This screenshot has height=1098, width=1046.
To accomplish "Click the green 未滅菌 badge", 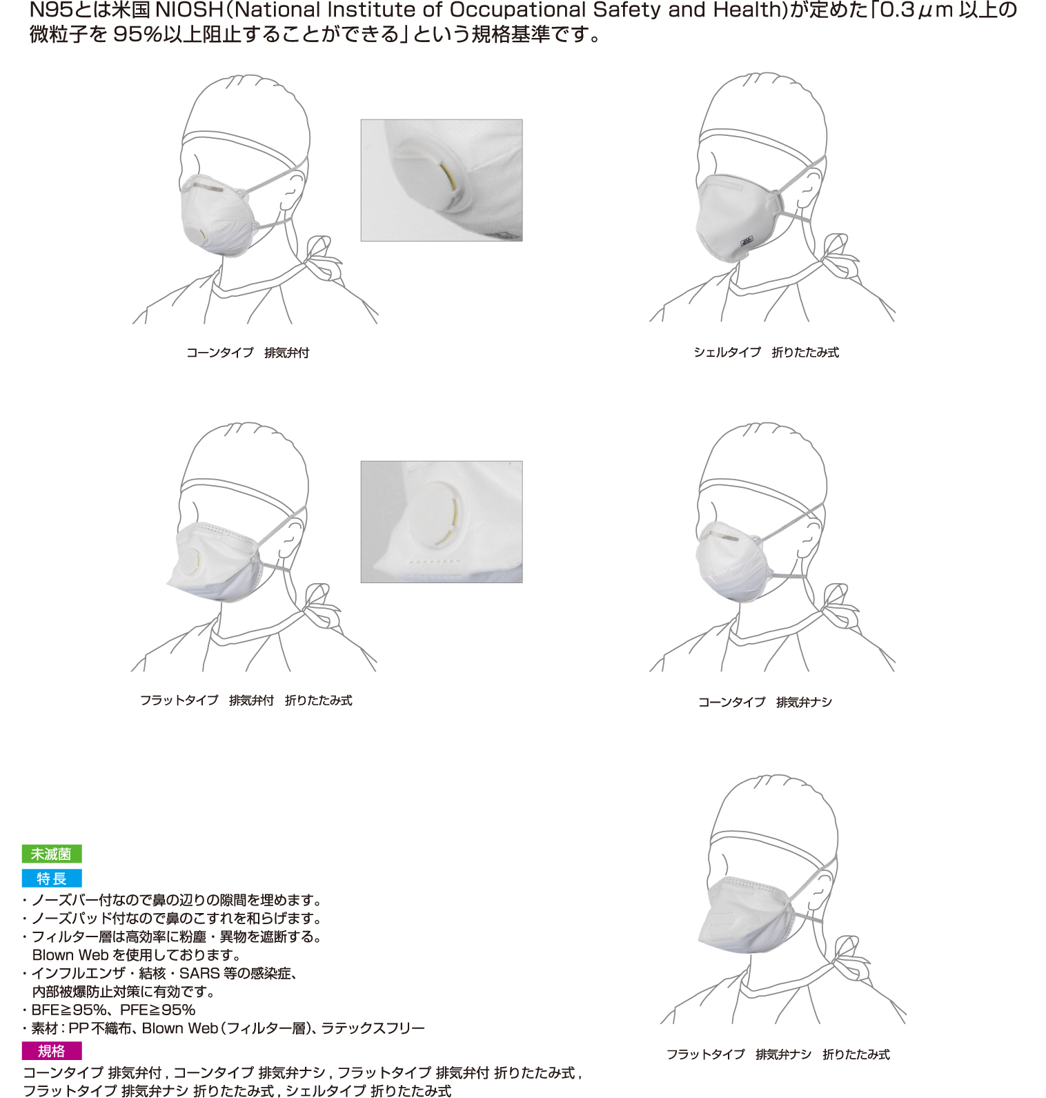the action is (x=52, y=854).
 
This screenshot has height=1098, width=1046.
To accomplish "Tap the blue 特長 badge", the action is (x=52, y=878).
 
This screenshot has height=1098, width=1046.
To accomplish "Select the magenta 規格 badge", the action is (x=52, y=1050).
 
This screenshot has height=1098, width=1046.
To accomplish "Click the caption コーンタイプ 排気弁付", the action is (x=248, y=353).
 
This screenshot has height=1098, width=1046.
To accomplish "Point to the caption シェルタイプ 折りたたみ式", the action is (x=766, y=352).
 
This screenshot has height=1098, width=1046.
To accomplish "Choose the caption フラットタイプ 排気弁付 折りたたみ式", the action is (x=246, y=700).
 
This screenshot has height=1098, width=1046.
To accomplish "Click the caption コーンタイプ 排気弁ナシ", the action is (x=765, y=702).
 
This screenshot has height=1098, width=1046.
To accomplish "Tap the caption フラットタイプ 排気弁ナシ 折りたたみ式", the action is (x=778, y=1054).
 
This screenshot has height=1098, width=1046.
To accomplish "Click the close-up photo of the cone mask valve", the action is (x=442, y=180).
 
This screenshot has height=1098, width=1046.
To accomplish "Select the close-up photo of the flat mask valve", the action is (x=442, y=522).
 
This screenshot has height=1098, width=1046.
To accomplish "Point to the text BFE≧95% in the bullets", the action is (x=68, y=1010).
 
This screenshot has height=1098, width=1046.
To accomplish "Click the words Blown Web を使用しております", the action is (x=136, y=955).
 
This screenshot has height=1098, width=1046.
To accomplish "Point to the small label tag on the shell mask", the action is (x=746, y=242).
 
